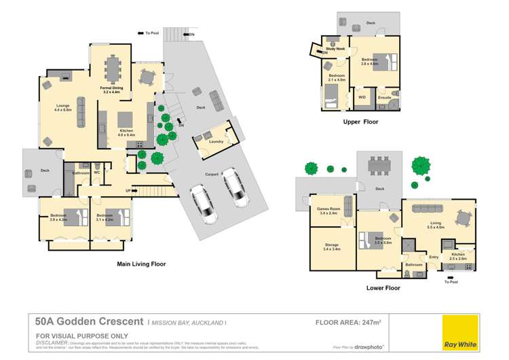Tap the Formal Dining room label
[x=111, y=88]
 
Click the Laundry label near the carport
[x=217, y=141]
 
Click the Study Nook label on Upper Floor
[x=336, y=49]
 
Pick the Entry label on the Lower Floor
[x=434, y=257]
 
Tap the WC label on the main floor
[x=97, y=173]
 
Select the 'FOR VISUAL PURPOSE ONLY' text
[x=73, y=336]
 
